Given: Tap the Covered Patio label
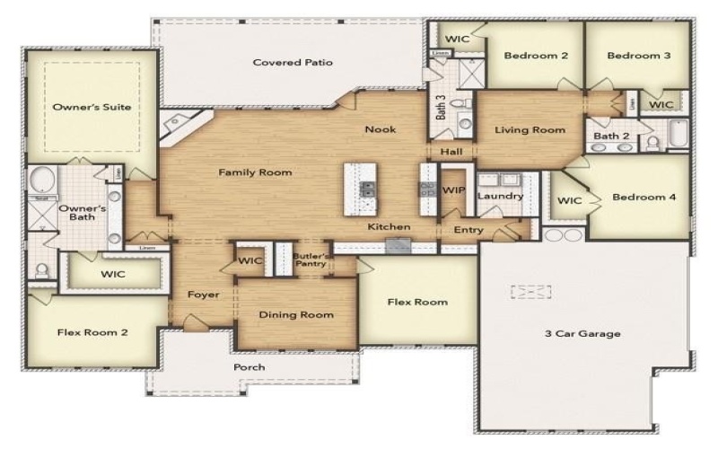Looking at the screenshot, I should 293,63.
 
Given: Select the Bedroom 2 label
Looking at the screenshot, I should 536,56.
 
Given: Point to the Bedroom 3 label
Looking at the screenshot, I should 638,56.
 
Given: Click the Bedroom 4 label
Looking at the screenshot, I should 643,197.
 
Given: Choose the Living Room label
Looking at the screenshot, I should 530,130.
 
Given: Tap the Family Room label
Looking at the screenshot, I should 256,172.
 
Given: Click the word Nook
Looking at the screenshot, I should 380,129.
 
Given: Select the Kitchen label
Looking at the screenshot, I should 389,227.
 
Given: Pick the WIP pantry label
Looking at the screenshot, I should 452,191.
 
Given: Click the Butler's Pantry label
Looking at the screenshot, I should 313,260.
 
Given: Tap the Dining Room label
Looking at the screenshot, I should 296,314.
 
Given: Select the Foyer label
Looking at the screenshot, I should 203,295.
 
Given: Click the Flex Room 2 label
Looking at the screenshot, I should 92,332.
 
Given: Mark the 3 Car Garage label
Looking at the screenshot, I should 582,334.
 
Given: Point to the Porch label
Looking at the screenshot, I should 250,367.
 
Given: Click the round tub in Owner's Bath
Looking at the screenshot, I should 41,182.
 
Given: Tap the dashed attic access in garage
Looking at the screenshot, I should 530,292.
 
